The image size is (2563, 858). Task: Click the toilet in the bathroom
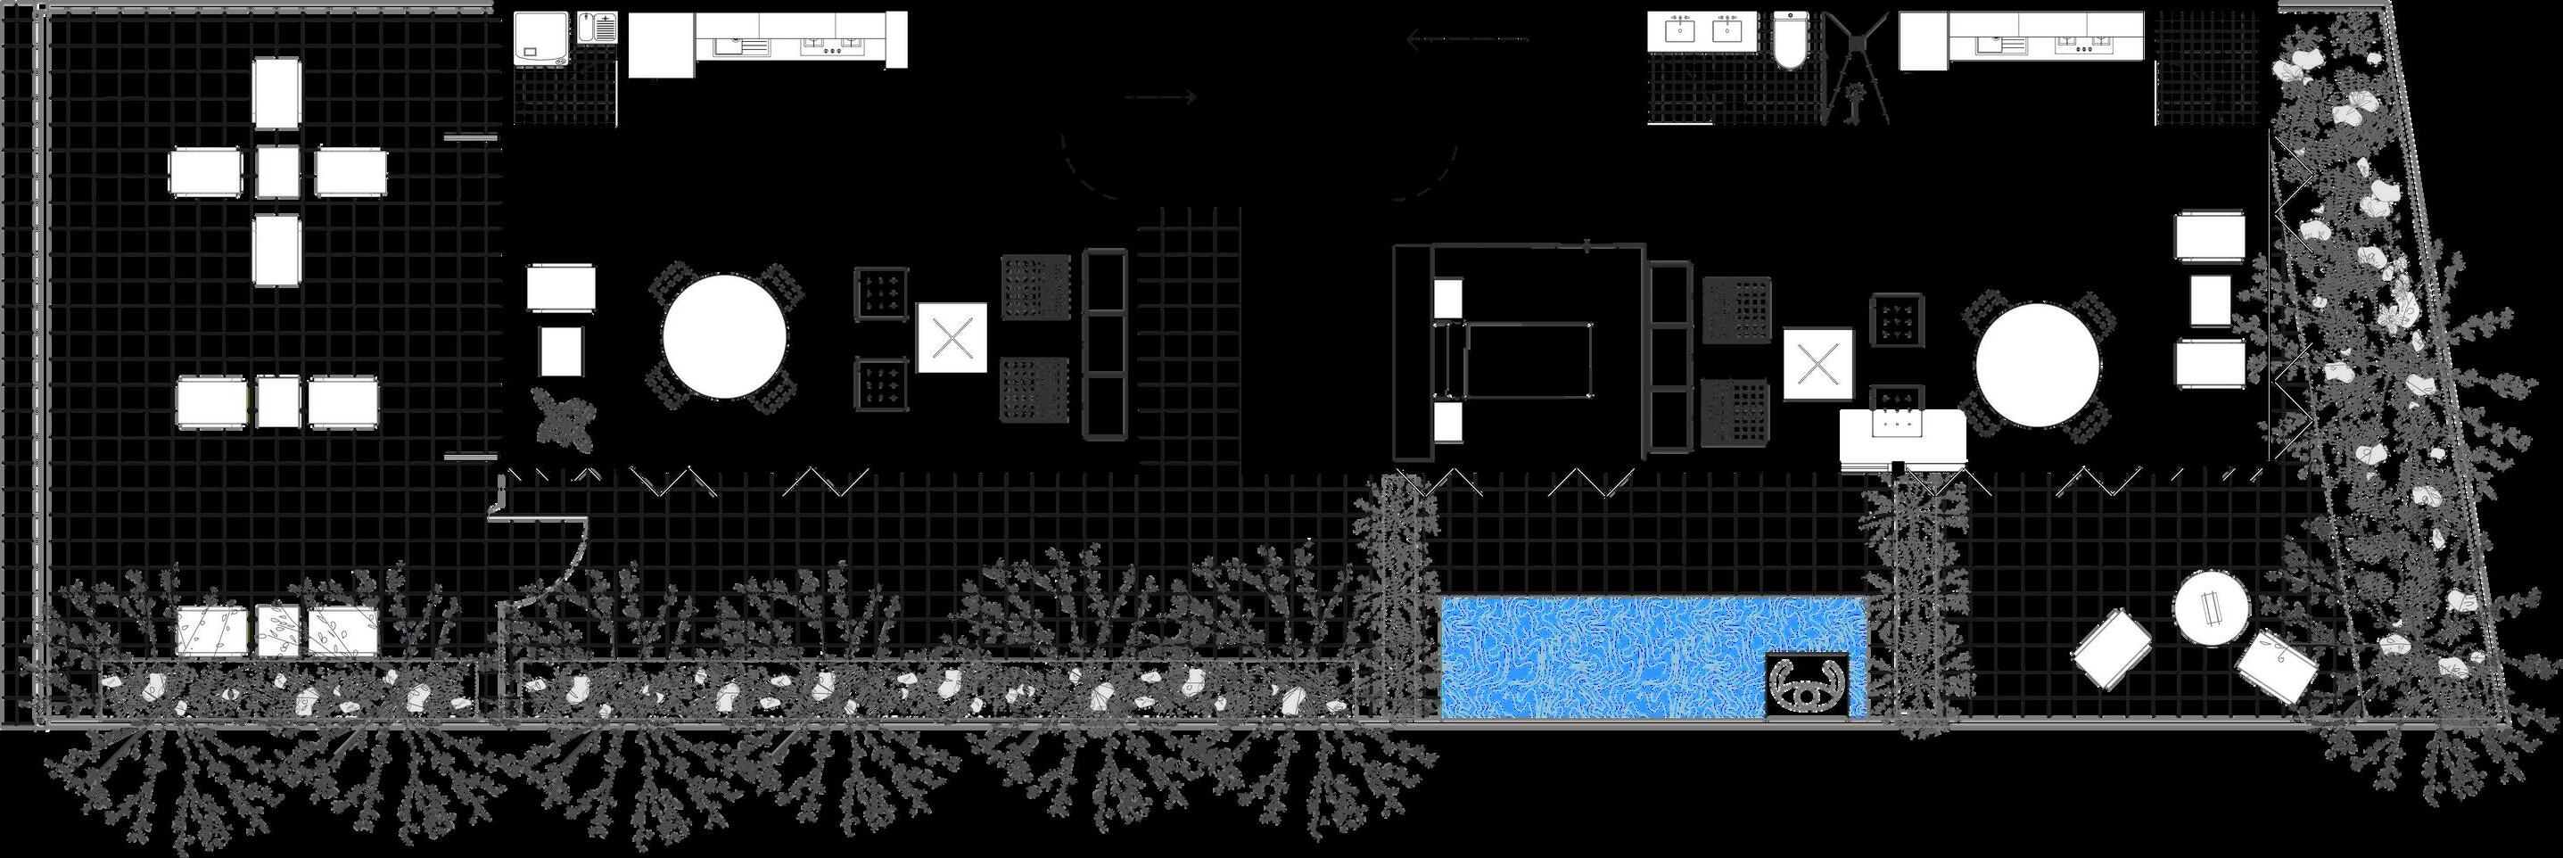pyautogui.click(x=1789, y=40)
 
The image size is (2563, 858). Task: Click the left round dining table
pyautogui.click(x=724, y=336)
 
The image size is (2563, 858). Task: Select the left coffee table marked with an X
pyautogui.click(x=952, y=337)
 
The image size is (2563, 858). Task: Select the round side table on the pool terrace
pyautogui.click(x=2211, y=608)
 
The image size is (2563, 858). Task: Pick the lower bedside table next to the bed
pyautogui.click(x=1448, y=420)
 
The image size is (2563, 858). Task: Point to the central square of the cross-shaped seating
pyautogui.click(x=277, y=171)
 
